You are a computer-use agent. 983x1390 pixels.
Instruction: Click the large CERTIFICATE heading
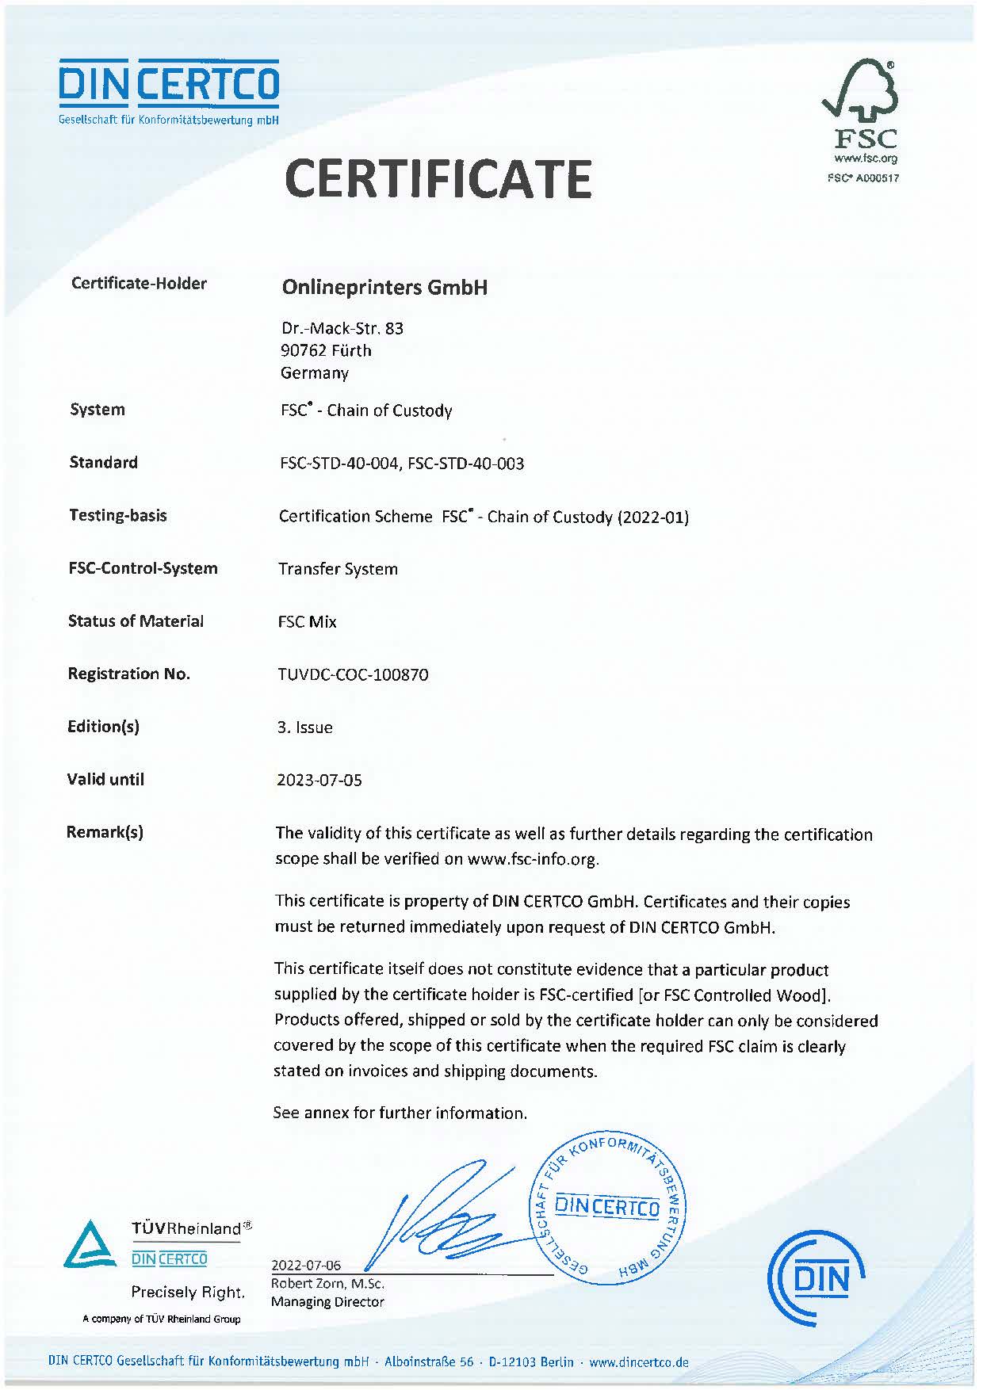438,178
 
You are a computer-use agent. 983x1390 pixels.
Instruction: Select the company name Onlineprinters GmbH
384,287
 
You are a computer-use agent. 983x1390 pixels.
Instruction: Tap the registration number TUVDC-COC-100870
353,674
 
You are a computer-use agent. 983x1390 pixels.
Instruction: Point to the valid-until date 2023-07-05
319,780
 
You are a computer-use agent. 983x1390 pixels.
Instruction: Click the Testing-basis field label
118,515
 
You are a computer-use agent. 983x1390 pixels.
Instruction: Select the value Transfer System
338,569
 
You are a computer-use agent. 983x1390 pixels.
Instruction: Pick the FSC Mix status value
307,622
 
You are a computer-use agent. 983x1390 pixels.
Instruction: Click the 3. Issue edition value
304,727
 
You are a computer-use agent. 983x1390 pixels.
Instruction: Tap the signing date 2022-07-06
306,1265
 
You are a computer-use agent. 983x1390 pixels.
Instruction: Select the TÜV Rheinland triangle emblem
89,1245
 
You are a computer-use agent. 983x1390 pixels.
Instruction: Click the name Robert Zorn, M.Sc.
327,1283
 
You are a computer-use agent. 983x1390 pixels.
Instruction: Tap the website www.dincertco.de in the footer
639,1362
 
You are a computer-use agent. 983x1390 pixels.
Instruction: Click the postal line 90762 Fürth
326,350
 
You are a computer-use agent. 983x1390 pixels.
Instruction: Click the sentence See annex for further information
400,1113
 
